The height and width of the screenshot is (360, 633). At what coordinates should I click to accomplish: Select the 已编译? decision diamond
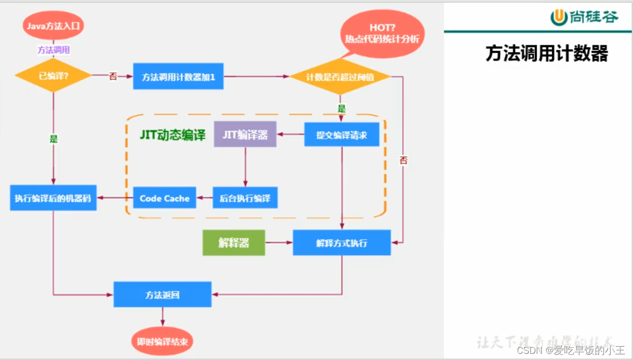coord(53,76)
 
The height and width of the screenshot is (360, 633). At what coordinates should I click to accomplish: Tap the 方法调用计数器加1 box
coord(178,76)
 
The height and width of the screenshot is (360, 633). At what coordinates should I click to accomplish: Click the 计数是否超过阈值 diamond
coord(340,77)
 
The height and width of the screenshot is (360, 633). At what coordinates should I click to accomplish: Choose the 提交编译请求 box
coord(341,135)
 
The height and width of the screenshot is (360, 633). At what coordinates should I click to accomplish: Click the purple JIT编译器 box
coord(245,134)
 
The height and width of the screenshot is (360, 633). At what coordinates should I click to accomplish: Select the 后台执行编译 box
coord(245,198)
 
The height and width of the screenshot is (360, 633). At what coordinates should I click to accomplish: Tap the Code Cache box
coord(164,198)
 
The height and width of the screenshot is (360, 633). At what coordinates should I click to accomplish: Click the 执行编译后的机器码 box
coord(53,198)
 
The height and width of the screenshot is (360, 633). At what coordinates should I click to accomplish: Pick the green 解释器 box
coord(234,243)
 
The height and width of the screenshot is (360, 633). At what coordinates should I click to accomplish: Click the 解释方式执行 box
coord(341,243)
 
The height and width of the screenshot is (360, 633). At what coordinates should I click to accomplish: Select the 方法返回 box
coord(162,294)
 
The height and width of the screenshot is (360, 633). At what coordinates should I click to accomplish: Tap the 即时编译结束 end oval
coord(162,341)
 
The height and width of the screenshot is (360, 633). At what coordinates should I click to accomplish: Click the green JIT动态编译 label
coord(172,135)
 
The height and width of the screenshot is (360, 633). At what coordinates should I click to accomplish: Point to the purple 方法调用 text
coord(54,50)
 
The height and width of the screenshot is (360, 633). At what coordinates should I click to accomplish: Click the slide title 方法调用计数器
coord(547,53)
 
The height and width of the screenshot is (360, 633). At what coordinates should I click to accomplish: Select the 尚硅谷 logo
coord(584,17)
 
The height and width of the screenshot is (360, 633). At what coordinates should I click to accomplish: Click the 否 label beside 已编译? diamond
coord(113,76)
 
